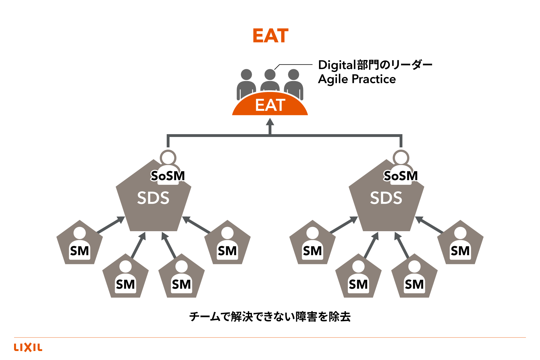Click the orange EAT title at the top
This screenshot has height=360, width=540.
(x=270, y=36)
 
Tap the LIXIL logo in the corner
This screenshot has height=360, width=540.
(x=28, y=347)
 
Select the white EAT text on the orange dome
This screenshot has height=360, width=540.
(x=270, y=105)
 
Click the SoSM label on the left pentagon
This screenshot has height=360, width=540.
(x=168, y=176)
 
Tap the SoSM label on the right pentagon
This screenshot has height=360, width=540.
(x=400, y=176)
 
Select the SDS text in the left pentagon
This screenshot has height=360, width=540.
(x=153, y=198)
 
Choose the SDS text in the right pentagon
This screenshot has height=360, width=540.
(x=386, y=198)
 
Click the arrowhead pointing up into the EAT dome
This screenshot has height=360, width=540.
(x=270, y=122)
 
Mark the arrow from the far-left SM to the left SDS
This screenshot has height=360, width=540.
(x=111, y=225)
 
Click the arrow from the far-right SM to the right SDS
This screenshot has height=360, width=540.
(x=429, y=225)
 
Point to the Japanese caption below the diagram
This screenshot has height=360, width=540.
(x=270, y=317)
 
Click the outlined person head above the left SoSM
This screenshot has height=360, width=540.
(x=168, y=157)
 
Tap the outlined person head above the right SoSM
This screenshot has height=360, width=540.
(x=401, y=157)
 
